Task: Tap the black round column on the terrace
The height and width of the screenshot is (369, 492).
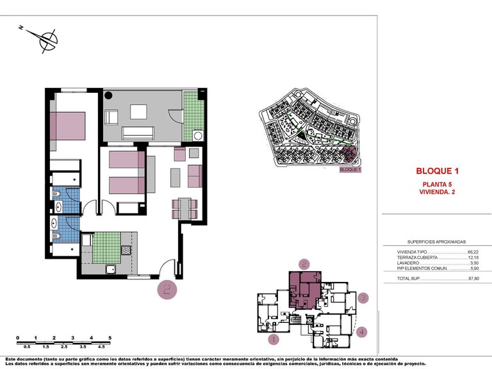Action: [x=109, y=96]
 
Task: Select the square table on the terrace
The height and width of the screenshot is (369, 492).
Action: [x=139, y=111]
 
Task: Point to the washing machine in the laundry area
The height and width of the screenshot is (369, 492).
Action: [x=198, y=135]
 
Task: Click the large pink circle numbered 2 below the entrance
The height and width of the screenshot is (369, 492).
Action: [x=168, y=290]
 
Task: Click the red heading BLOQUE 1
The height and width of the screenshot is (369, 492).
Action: [x=438, y=171]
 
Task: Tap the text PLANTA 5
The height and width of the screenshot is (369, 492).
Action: [x=438, y=184]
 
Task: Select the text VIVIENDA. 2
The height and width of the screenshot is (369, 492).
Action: [x=438, y=192]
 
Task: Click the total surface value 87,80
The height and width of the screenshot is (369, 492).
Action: [x=475, y=279]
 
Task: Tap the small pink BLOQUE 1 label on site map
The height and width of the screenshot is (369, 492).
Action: [x=350, y=170]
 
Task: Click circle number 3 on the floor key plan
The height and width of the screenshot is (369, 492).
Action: [x=363, y=298]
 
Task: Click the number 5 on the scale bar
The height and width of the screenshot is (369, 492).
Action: [x=110, y=337]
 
